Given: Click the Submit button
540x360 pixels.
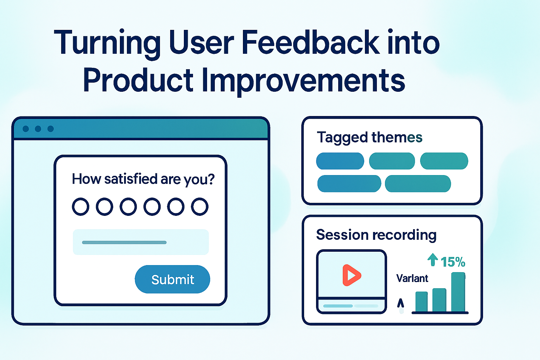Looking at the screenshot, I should pos(172,279).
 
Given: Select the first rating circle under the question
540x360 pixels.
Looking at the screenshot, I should pos(81,207).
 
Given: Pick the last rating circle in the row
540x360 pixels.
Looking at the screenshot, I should pos(200,207).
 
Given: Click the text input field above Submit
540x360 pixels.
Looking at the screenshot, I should pos(141,242).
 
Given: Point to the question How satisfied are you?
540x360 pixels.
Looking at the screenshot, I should pos(143,179).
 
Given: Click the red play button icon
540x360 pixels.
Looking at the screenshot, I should pos(351,275).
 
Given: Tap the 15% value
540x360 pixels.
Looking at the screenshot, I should pos(453,262).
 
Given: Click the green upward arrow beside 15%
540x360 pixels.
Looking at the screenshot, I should pos(432,260).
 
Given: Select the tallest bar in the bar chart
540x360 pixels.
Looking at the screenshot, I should pos(458,292).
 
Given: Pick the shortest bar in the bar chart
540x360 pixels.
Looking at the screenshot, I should pos(422,302).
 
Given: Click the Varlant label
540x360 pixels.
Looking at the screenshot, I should pos(412,278).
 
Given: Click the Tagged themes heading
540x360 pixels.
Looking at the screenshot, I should pos(369,137).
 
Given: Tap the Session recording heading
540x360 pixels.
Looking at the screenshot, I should pos(376,234).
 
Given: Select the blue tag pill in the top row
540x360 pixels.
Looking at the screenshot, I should pos(340,161).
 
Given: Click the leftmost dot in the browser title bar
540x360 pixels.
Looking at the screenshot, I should pos(26,129).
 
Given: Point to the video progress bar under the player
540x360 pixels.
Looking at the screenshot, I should pos(351,306).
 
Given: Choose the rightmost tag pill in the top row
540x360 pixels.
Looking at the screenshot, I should pos(444,161).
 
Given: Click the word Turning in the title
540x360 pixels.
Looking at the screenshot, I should pos(107,43).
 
